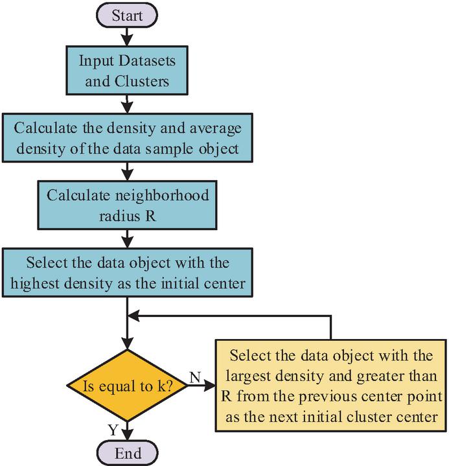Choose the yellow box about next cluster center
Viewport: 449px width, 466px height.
coord(331,386)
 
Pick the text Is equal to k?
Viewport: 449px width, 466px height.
coord(127,386)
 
